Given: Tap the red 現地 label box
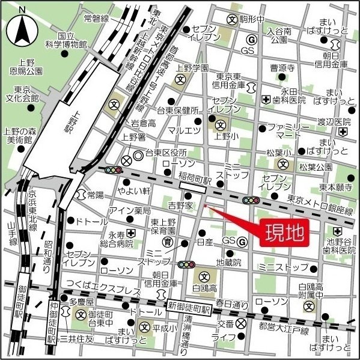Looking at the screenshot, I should pyautogui.click(x=284, y=231).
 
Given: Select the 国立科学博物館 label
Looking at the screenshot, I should pyautogui.click(x=66, y=40).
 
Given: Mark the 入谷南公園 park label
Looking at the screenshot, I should pyautogui.click(x=279, y=35).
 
